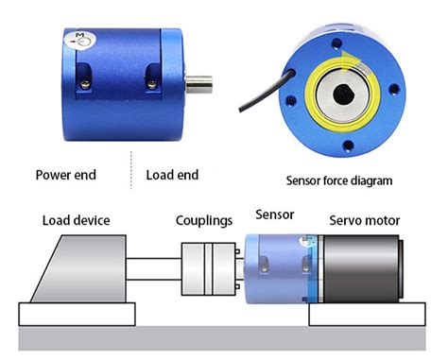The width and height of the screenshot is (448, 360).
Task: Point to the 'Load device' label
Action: [76, 220]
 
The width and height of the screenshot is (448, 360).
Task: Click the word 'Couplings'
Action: [204, 220]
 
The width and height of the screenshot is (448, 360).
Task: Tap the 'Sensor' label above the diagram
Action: [275, 214]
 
